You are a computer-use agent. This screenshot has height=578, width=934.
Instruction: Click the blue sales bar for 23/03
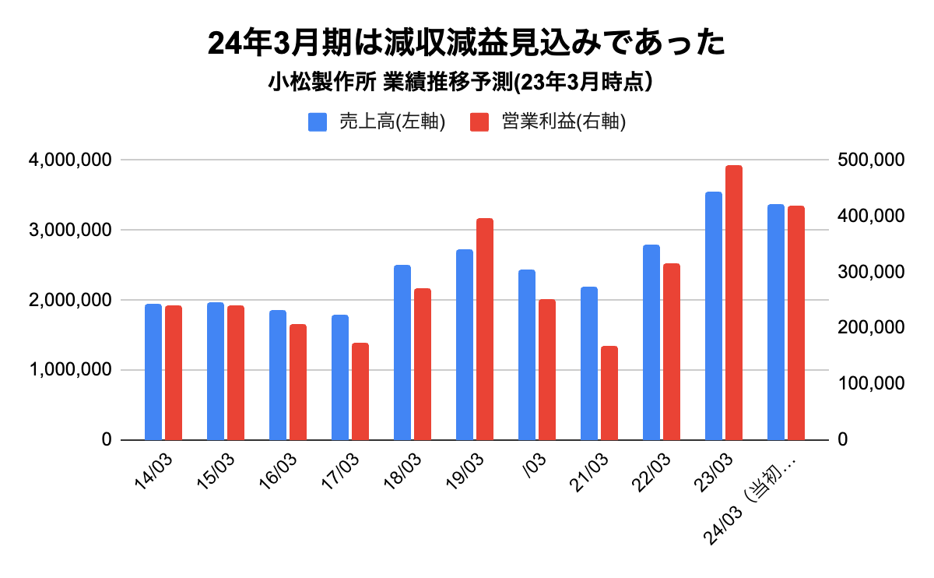(x=714, y=315)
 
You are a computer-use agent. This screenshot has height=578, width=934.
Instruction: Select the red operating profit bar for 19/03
(x=485, y=329)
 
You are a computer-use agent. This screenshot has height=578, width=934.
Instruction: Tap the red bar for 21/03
(x=609, y=393)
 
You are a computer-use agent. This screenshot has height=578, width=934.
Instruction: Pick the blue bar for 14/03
(x=153, y=372)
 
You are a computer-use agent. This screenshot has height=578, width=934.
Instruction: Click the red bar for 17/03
(x=360, y=391)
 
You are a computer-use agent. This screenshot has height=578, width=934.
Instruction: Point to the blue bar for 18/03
(x=402, y=352)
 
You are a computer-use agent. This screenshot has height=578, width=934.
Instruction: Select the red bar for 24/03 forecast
(x=796, y=322)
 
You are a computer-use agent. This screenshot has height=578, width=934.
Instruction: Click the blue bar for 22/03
(x=651, y=342)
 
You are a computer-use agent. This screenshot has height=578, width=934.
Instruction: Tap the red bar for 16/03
(x=298, y=382)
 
